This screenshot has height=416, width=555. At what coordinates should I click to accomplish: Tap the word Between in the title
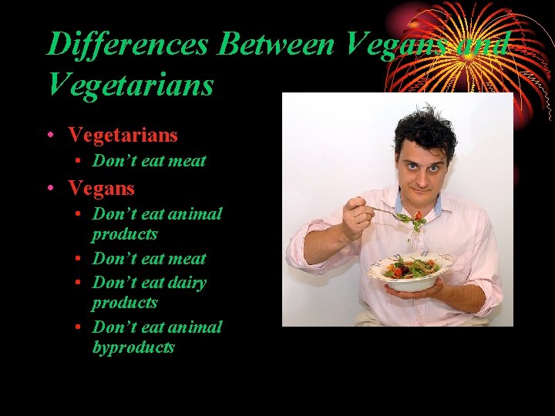[277, 45]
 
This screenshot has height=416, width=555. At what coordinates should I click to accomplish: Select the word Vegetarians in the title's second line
[130, 84]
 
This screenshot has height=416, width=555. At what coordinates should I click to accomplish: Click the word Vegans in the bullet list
[101, 188]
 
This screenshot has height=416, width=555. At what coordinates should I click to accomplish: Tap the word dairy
[186, 283]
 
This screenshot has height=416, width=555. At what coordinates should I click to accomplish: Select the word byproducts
[133, 347]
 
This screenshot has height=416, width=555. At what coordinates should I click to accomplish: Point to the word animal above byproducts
[196, 327]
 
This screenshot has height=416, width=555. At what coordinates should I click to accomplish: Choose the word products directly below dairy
[125, 303]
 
